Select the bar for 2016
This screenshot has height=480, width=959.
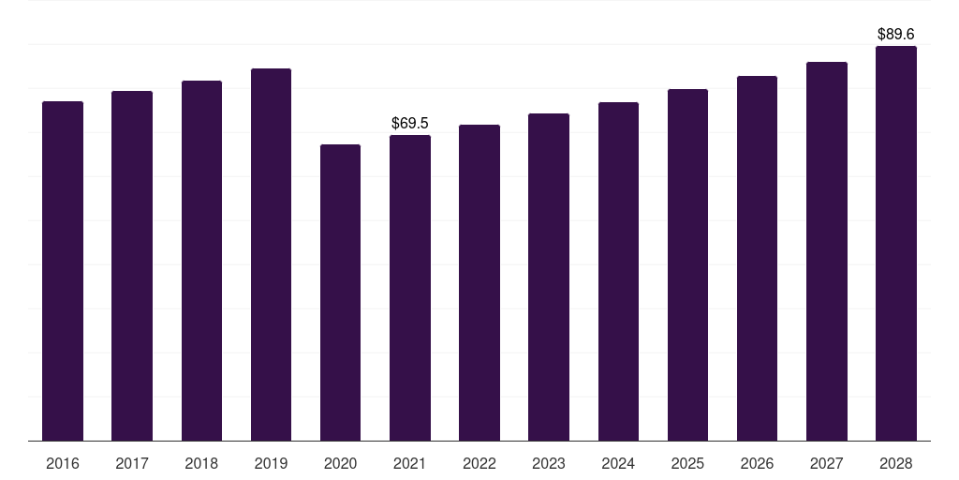(x=63, y=271)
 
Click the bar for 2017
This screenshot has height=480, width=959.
(x=132, y=265)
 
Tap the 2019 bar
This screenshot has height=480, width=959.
(x=271, y=255)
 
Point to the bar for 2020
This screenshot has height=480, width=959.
(x=340, y=292)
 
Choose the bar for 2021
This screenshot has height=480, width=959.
(x=410, y=288)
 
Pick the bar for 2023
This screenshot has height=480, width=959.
(x=549, y=277)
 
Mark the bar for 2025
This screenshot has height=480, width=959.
(x=687, y=265)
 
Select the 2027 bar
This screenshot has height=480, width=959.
(x=827, y=251)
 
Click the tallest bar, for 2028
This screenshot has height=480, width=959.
(x=896, y=243)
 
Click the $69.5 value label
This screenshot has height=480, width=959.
(x=410, y=123)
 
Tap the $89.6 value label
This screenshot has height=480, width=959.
(x=896, y=35)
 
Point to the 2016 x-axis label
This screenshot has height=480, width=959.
(x=63, y=463)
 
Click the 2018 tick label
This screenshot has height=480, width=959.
(x=201, y=463)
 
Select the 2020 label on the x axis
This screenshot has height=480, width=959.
(x=340, y=463)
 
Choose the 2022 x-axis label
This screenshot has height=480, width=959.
(x=479, y=463)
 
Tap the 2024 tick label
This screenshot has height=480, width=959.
(x=618, y=463)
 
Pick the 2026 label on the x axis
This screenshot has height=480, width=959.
(x=757, y=463)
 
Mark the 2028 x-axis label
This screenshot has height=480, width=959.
(x=896, y=463)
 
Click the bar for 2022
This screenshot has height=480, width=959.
(x=479, y=283)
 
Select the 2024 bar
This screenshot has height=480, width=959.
(x=618, y=271)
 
